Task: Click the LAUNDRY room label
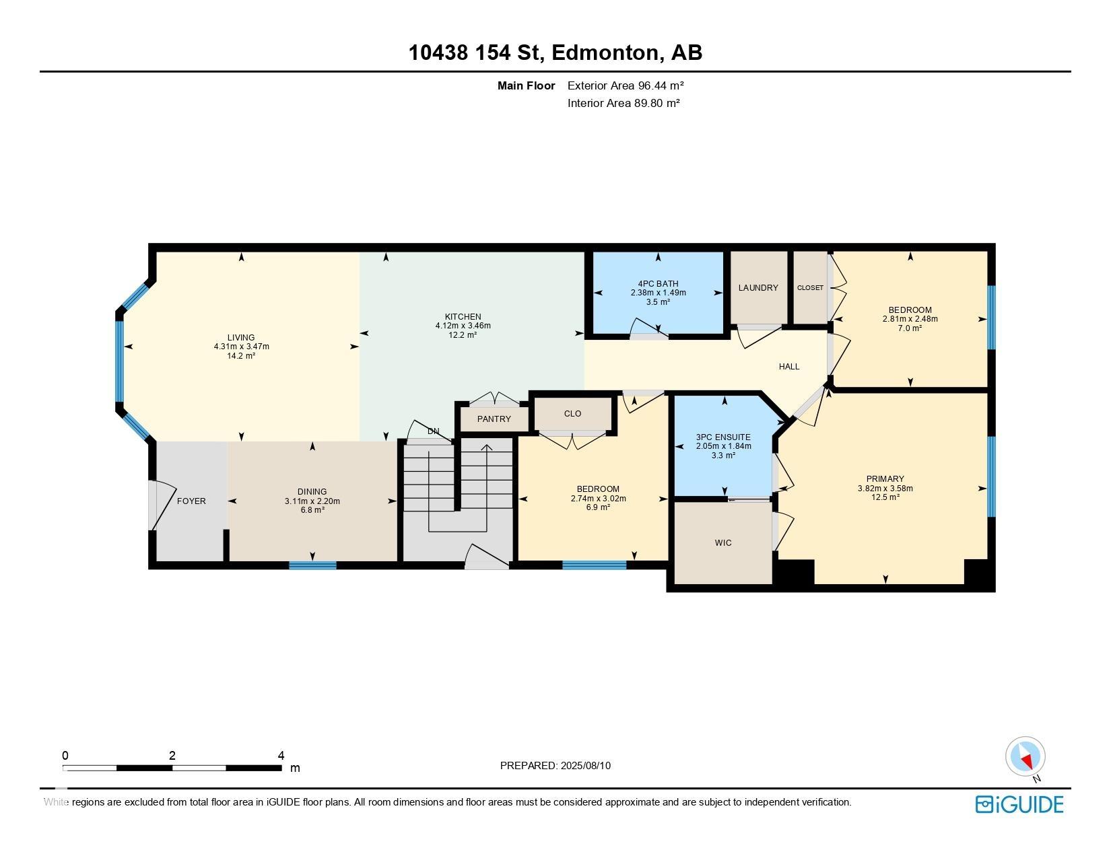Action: (757, 288)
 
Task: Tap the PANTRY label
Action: (494, 419)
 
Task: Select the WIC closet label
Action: (723, 543)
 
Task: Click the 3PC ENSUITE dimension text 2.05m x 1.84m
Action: (723, 446)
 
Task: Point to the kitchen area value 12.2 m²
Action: (463, 334)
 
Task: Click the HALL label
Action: (788, 367)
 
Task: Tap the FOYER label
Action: (191, 501)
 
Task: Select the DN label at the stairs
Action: (433, 431)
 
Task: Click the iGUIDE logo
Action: (1019, 804)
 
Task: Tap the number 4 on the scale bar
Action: (281, 756)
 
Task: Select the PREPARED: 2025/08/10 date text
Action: (555, 766)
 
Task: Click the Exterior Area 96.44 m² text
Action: (626, 85)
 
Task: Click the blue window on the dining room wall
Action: (312, 565)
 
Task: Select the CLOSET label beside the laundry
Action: (809, 288)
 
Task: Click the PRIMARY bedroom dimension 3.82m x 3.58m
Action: (885, 489)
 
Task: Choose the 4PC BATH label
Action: (658, 284)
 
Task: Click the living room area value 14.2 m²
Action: (240, 355)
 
